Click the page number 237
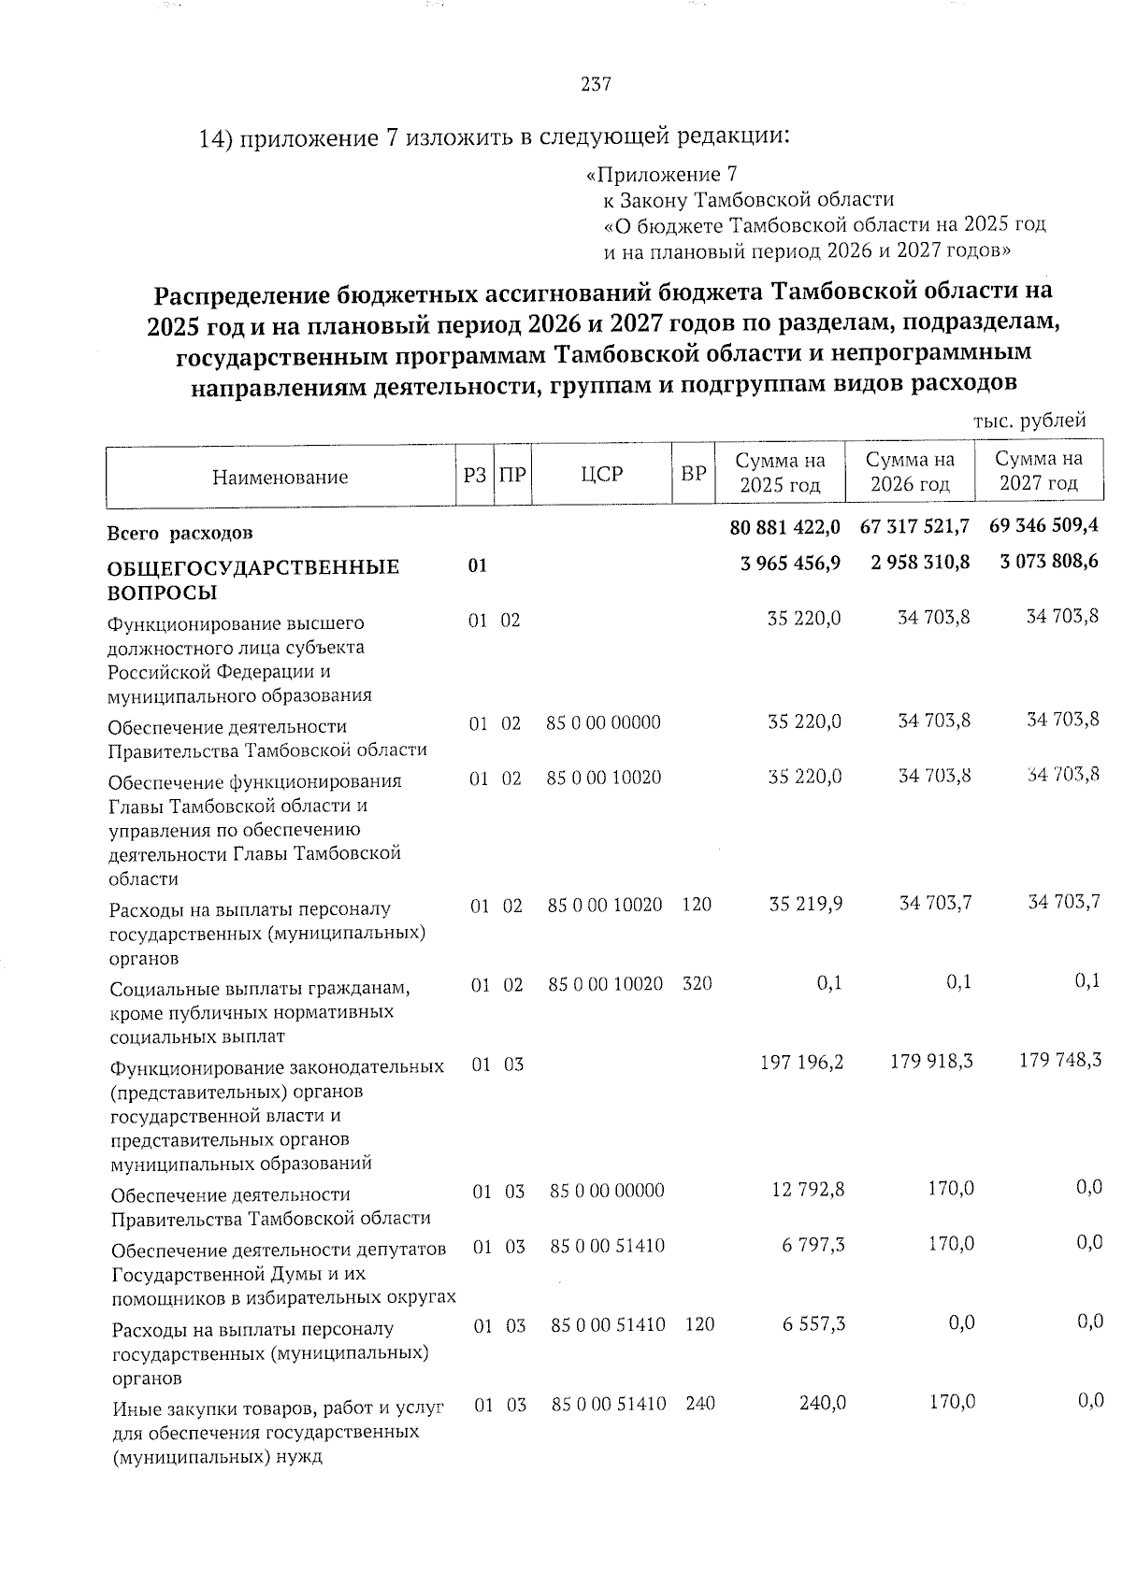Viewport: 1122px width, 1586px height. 596,85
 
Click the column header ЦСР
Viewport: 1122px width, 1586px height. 601,474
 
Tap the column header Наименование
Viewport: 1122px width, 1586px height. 280,478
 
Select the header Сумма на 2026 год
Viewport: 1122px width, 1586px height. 910,472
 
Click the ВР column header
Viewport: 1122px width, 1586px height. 693,474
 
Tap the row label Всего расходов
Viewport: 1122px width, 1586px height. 180,534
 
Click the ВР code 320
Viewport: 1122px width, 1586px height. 698,983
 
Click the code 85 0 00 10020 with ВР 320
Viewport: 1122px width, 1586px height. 605,983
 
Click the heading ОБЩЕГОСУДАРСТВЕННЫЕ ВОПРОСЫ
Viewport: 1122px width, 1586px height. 253,579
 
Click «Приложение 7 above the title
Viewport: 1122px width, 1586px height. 661,175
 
